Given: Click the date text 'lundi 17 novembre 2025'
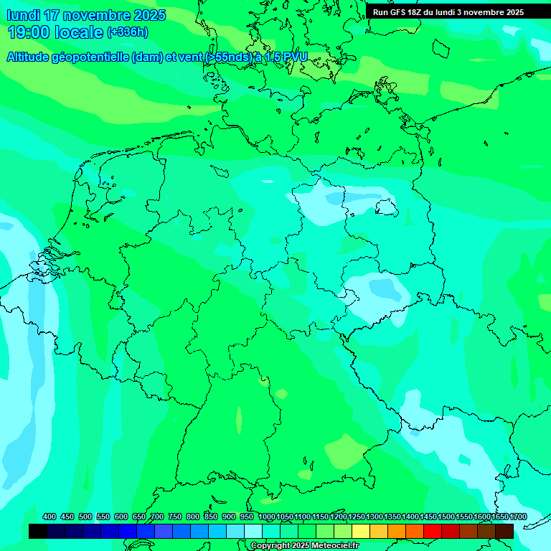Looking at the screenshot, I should pos(86,15).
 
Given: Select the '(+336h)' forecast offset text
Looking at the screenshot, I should pos(128,32).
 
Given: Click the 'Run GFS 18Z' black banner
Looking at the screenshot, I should pos(448,12).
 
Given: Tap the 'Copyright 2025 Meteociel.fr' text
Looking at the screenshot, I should pos(305,546).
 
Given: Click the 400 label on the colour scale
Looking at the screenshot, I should pos(50,517).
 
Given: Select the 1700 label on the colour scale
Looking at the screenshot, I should pos(518,517).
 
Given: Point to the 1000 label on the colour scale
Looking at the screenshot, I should pos(267,517).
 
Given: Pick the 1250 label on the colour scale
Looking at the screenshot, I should pos(357,517).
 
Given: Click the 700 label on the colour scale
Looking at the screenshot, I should pos(157,517).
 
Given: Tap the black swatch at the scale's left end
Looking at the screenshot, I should pos(38,531).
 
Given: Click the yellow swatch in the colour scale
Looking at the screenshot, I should pos(361,531).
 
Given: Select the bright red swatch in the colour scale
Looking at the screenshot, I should pos(433,531).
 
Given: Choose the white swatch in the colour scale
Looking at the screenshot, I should pos(253,531).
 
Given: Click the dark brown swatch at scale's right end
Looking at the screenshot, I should pos(504,531).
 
